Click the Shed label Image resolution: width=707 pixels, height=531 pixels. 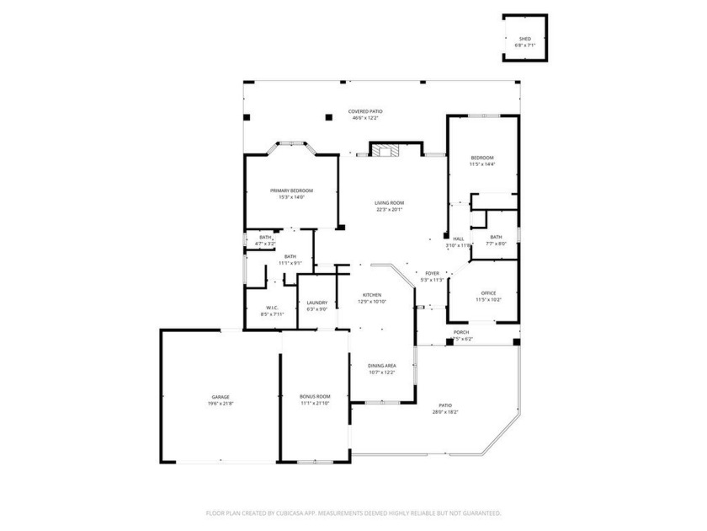click(x=524, y=39)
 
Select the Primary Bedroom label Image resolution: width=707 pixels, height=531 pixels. click(x=291, y=190)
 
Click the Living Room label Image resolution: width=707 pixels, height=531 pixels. click(x=389, y=202)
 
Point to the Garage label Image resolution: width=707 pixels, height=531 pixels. click(x=221, y=397)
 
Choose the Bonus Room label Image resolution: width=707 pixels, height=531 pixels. click(x=315, y=396)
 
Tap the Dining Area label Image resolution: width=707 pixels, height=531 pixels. click(x=382, y=365)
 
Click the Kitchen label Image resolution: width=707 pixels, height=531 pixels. click(x=371, y=295)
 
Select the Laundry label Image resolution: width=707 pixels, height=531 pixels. click(x=316, y=303)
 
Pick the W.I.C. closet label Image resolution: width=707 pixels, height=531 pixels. click(x=272, y=308)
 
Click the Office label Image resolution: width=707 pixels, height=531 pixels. click(x=489, y=292)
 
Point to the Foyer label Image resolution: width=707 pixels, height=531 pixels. click(x=432, y=273)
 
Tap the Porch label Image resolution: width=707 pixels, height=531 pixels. click(x=461, y=332)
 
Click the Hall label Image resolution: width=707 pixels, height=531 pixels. click(x=459, y=239)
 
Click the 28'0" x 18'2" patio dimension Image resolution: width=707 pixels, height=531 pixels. click(x=445, y=411)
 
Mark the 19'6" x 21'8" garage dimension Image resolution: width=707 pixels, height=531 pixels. click(x=221, y=404)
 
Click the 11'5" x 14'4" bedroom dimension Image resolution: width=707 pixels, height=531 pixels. click(x=482, y=164)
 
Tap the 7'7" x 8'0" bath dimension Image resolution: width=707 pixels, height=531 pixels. click(x=496, y=244)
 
